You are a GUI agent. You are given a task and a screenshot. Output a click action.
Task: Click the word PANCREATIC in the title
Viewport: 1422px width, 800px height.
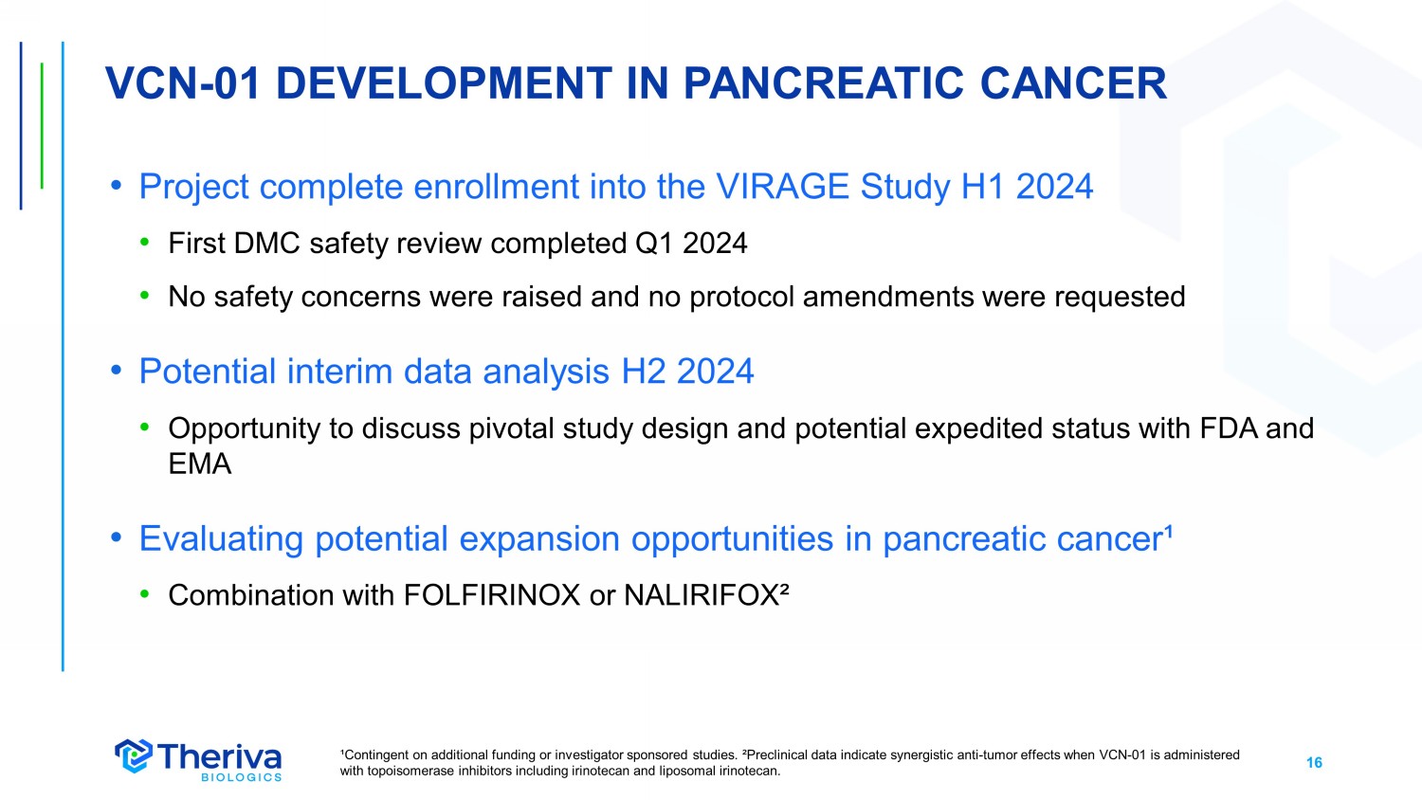coord(824,83)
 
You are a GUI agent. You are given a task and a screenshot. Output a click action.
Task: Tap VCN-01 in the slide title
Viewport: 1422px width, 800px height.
coord(183,83)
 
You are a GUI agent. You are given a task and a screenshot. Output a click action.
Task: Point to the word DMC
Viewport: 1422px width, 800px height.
coord(266,244)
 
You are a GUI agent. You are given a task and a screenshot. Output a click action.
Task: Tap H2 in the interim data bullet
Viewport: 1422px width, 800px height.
coord(643,372)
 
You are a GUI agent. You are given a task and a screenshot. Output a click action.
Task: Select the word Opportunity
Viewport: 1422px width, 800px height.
coord(244,429)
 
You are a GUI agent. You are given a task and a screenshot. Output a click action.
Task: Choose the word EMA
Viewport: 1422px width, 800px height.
coord(199,464)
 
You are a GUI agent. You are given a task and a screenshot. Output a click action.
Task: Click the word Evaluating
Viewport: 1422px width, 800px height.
coord(221,539)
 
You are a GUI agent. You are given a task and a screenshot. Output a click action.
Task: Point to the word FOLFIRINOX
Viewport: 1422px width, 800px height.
coord(492,595)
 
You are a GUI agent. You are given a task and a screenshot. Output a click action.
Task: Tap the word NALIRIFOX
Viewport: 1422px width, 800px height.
coord(702,595)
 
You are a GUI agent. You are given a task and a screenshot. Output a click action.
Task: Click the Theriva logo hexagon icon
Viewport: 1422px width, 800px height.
coord(134,755)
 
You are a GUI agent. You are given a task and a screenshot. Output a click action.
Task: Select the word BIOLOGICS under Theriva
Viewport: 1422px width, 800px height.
coord(241,777)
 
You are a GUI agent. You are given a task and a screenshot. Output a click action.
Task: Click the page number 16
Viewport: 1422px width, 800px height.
coord(1314,762)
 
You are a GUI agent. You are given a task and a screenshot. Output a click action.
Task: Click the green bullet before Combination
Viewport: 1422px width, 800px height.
coord(145,595)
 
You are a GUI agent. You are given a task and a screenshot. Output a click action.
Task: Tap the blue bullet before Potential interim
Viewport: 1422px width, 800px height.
coord(116,371)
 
